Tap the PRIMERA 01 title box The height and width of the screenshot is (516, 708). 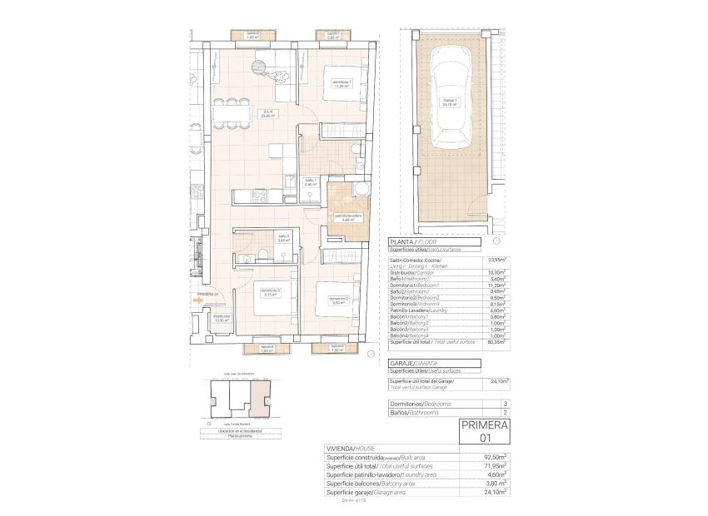(485, 431)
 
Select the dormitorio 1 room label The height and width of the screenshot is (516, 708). (342, 83)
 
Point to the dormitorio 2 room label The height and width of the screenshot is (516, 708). (338, 300)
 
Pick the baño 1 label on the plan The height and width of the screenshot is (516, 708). (310, 182)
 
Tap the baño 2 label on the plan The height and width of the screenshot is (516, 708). (283, 237)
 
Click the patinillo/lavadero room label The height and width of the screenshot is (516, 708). (349, 218)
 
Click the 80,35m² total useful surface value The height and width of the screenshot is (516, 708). (498, 342)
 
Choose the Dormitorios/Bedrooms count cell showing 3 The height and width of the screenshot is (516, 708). (505, 403)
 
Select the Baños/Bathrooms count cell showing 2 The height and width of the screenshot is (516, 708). (505, 412)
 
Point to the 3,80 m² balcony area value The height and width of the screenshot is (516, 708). (498, 483)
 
